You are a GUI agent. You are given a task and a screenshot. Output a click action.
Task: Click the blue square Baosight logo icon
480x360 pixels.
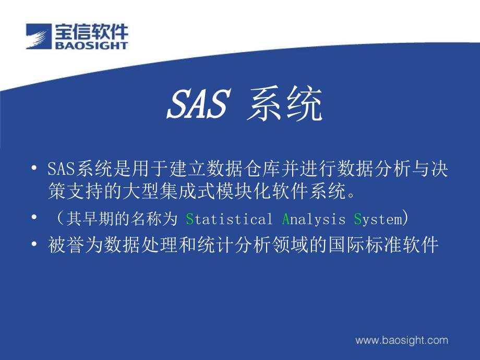pos(39,36)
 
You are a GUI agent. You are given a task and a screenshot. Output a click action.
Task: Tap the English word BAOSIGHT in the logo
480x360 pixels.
pos(91,45)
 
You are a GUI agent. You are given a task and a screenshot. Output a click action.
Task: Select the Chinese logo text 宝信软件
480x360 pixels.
pos(91,31)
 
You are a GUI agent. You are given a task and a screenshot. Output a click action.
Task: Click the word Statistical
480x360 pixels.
pos(229,219)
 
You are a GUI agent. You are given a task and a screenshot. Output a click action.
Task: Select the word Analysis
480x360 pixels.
pos(314,219)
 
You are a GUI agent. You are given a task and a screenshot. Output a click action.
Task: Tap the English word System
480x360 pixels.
pos(378,219)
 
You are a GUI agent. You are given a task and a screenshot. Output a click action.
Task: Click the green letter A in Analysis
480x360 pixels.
pos(286,219)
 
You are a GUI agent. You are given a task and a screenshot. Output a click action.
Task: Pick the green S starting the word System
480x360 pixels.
pos(358,219)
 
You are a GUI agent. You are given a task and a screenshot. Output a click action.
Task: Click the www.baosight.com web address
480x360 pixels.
pos(402,340)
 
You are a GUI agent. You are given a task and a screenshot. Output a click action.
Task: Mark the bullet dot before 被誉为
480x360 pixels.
pos(34,244)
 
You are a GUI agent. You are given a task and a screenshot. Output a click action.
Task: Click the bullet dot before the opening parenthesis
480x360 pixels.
pos(34,218)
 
